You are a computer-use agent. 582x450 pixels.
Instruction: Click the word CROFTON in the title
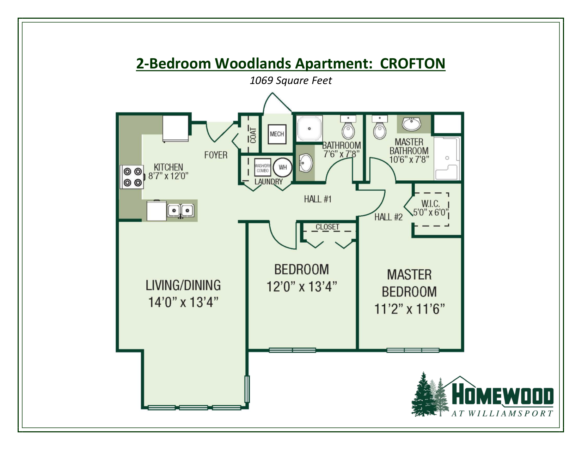click(412, 64)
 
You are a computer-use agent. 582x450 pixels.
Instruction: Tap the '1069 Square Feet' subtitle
click(290, 81)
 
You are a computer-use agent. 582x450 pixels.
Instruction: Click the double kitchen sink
click(180, 211)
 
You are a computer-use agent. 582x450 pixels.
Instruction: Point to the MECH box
click(277, 134)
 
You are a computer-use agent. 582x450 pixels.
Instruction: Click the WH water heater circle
click(283, 167)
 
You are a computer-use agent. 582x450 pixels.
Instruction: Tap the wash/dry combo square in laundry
click(263, 168)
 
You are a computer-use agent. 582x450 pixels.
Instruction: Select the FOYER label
click(216, 155)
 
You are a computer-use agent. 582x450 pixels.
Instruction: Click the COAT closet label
click(253, 135)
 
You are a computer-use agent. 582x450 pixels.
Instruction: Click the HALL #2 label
click(388, 217)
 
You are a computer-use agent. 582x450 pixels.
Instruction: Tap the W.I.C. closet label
click(430, 204)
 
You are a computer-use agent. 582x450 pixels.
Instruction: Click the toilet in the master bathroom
click(380, 129)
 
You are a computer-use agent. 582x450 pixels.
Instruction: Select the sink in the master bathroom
click(411, 124)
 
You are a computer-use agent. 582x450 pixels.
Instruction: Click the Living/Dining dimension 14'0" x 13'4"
click(183, 302)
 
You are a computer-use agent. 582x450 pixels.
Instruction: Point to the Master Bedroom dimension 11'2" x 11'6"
click(409, 309)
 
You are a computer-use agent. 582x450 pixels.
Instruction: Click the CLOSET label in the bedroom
click(327, 227)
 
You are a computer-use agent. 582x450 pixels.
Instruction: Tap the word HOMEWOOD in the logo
click(502, 396)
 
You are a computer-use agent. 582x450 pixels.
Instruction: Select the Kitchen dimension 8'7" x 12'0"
click(169, 176)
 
